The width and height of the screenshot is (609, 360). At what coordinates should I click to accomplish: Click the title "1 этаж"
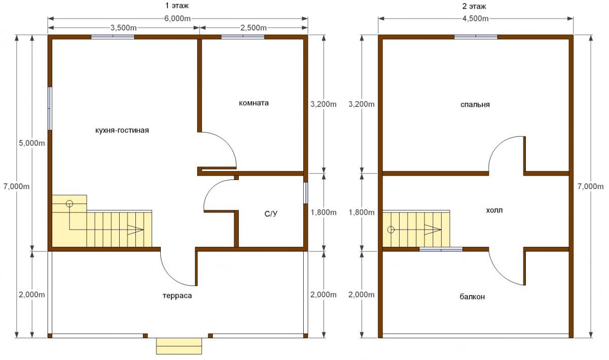177,6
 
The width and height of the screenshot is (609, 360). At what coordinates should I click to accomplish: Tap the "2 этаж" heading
474,6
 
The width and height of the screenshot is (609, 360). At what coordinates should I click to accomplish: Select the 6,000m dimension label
177,18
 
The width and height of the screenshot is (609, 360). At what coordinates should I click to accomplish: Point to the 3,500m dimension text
123,28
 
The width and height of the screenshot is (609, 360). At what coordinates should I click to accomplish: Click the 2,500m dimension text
254,28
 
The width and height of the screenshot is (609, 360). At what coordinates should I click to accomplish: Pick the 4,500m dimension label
476,18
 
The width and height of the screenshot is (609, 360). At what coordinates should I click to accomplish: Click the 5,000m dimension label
32,143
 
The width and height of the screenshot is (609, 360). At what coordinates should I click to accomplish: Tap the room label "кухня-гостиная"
122,130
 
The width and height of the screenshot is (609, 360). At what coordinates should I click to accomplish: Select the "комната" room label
254,103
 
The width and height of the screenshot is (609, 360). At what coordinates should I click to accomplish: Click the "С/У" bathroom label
271,214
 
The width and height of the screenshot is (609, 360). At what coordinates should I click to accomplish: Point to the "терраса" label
177,296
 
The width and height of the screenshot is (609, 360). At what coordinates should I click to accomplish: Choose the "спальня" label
475,104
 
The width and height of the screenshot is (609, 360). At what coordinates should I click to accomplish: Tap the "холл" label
494,210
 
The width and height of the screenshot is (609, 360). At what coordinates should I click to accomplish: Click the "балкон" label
472,297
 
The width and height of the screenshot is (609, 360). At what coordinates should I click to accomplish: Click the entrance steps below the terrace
179,346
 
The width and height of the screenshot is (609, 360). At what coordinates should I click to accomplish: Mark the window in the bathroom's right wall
306,193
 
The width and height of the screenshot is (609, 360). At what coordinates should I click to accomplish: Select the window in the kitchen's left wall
50,109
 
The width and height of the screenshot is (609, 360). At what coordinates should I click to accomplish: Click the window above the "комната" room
243,37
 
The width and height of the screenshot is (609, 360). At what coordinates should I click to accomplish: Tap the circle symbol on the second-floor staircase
391,230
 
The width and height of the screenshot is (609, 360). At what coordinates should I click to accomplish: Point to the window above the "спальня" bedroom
476,37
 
